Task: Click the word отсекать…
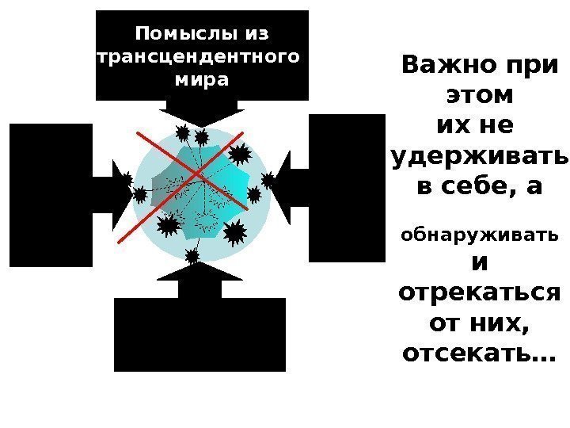click(478, 353)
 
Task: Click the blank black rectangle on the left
click(51, 195)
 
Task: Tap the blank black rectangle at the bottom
click(199, 334)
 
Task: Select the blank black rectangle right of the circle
click(346, 188)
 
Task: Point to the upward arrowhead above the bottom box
click(200, 272)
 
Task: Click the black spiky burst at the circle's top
click(202, 138)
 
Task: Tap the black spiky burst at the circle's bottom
click(192, 255)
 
